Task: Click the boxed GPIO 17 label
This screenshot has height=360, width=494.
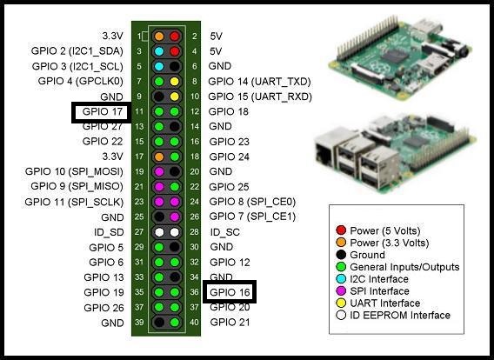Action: click(x=102, y=111)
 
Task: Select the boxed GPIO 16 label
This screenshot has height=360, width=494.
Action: click(x=230, y=292)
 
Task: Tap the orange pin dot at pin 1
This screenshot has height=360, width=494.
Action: click(x=159, y=37)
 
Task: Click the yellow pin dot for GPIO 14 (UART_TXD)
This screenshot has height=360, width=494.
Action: click(x=175, y=82)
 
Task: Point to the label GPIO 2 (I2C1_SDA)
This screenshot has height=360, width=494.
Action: click(x=77, y=51)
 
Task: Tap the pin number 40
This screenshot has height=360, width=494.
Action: click(x=195, y=323)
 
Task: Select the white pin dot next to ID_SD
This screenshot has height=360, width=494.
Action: click(x=159, y=232)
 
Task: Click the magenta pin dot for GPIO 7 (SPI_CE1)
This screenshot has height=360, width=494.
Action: click(x=175, y=217)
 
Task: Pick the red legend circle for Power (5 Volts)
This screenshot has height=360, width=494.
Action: click(x=341, y=230)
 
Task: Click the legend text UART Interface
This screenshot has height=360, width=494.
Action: click(x=384, y=303)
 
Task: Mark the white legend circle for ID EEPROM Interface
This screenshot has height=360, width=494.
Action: click(x=341, y=315)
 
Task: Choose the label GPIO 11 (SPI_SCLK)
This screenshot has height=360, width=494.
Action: click(x=74, y=202)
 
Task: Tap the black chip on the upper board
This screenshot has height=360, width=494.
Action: click(x=395, y=56)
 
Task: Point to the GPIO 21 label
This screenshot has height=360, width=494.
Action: click(x=230, y=323)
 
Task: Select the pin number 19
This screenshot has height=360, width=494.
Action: click(x=139, y=171)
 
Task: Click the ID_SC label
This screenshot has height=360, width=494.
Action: click(x=225, y=232)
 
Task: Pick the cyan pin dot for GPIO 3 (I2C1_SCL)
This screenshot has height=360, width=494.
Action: click(x=159, y=66)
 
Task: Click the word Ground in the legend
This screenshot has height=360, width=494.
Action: click(x=367, y=255)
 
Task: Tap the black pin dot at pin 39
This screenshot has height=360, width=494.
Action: click(x=159, y=323)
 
